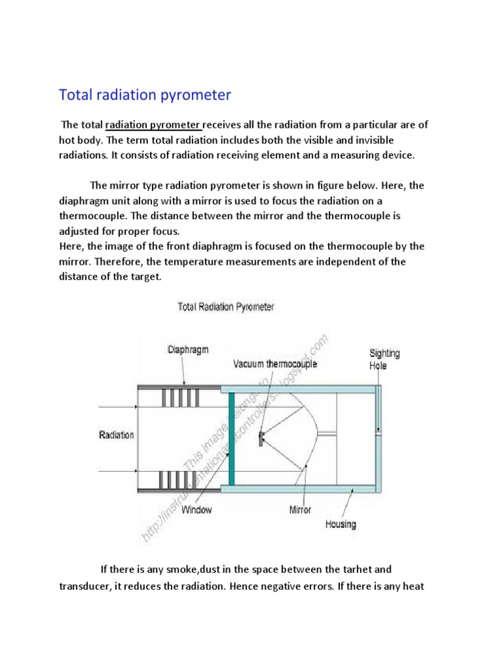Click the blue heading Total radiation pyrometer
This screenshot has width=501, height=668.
[x=145, y=95]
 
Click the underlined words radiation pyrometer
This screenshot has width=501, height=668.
[x=154, y=125]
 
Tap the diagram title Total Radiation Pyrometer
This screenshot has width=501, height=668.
[x=226, y=307]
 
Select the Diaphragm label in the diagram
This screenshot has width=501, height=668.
[x=188, y=350]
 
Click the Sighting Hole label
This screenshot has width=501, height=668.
[x=384, y=359]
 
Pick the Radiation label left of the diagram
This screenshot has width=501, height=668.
[x=117, y=435]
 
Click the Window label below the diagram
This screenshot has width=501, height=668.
[x=196, y=509]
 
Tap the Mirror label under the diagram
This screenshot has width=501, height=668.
[x=300, y=509]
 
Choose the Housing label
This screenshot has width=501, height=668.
[x=341, y=524]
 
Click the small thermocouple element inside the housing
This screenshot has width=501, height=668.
[x=261, y=438]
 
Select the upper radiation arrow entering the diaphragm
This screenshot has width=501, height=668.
[x=117, y=406]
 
